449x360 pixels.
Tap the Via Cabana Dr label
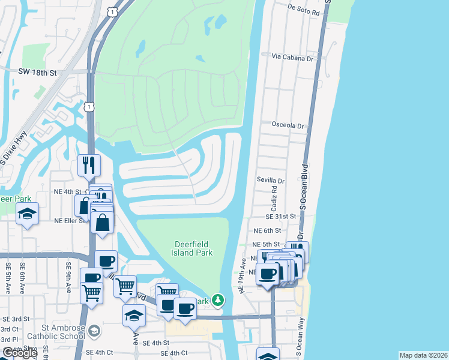[293, 58]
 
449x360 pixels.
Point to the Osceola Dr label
[288, 125]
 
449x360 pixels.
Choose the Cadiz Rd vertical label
[273, 197]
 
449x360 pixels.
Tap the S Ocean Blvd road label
[304, 186]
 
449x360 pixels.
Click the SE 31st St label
[282, 216]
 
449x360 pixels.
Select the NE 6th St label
[267, 230]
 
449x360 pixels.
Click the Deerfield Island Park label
[193, 248]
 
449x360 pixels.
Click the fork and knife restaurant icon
[89, 165]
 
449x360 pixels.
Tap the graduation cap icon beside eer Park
[27, 214]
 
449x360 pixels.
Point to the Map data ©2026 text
[423, 355]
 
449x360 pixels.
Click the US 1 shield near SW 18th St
[89, 106]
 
